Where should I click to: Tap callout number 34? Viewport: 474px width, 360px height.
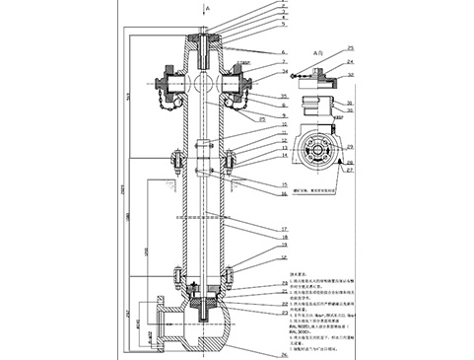point(284,72)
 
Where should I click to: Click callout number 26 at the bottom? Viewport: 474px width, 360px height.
point(285,353)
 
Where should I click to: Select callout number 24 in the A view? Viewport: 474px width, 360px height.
point(354,60)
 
